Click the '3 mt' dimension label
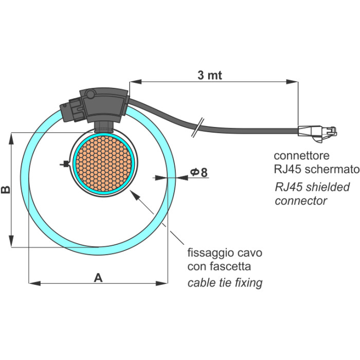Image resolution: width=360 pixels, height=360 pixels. [x=210, y=75]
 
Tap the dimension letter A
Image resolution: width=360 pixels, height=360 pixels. [x=98, y=278]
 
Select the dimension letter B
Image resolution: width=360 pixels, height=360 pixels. [x=6, y=190]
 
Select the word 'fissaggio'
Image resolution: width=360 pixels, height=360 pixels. [x=210, y=254]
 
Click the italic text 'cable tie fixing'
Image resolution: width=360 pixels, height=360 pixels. [x=225, y=282]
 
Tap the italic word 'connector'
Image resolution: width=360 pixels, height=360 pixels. [x=301, y=201]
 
